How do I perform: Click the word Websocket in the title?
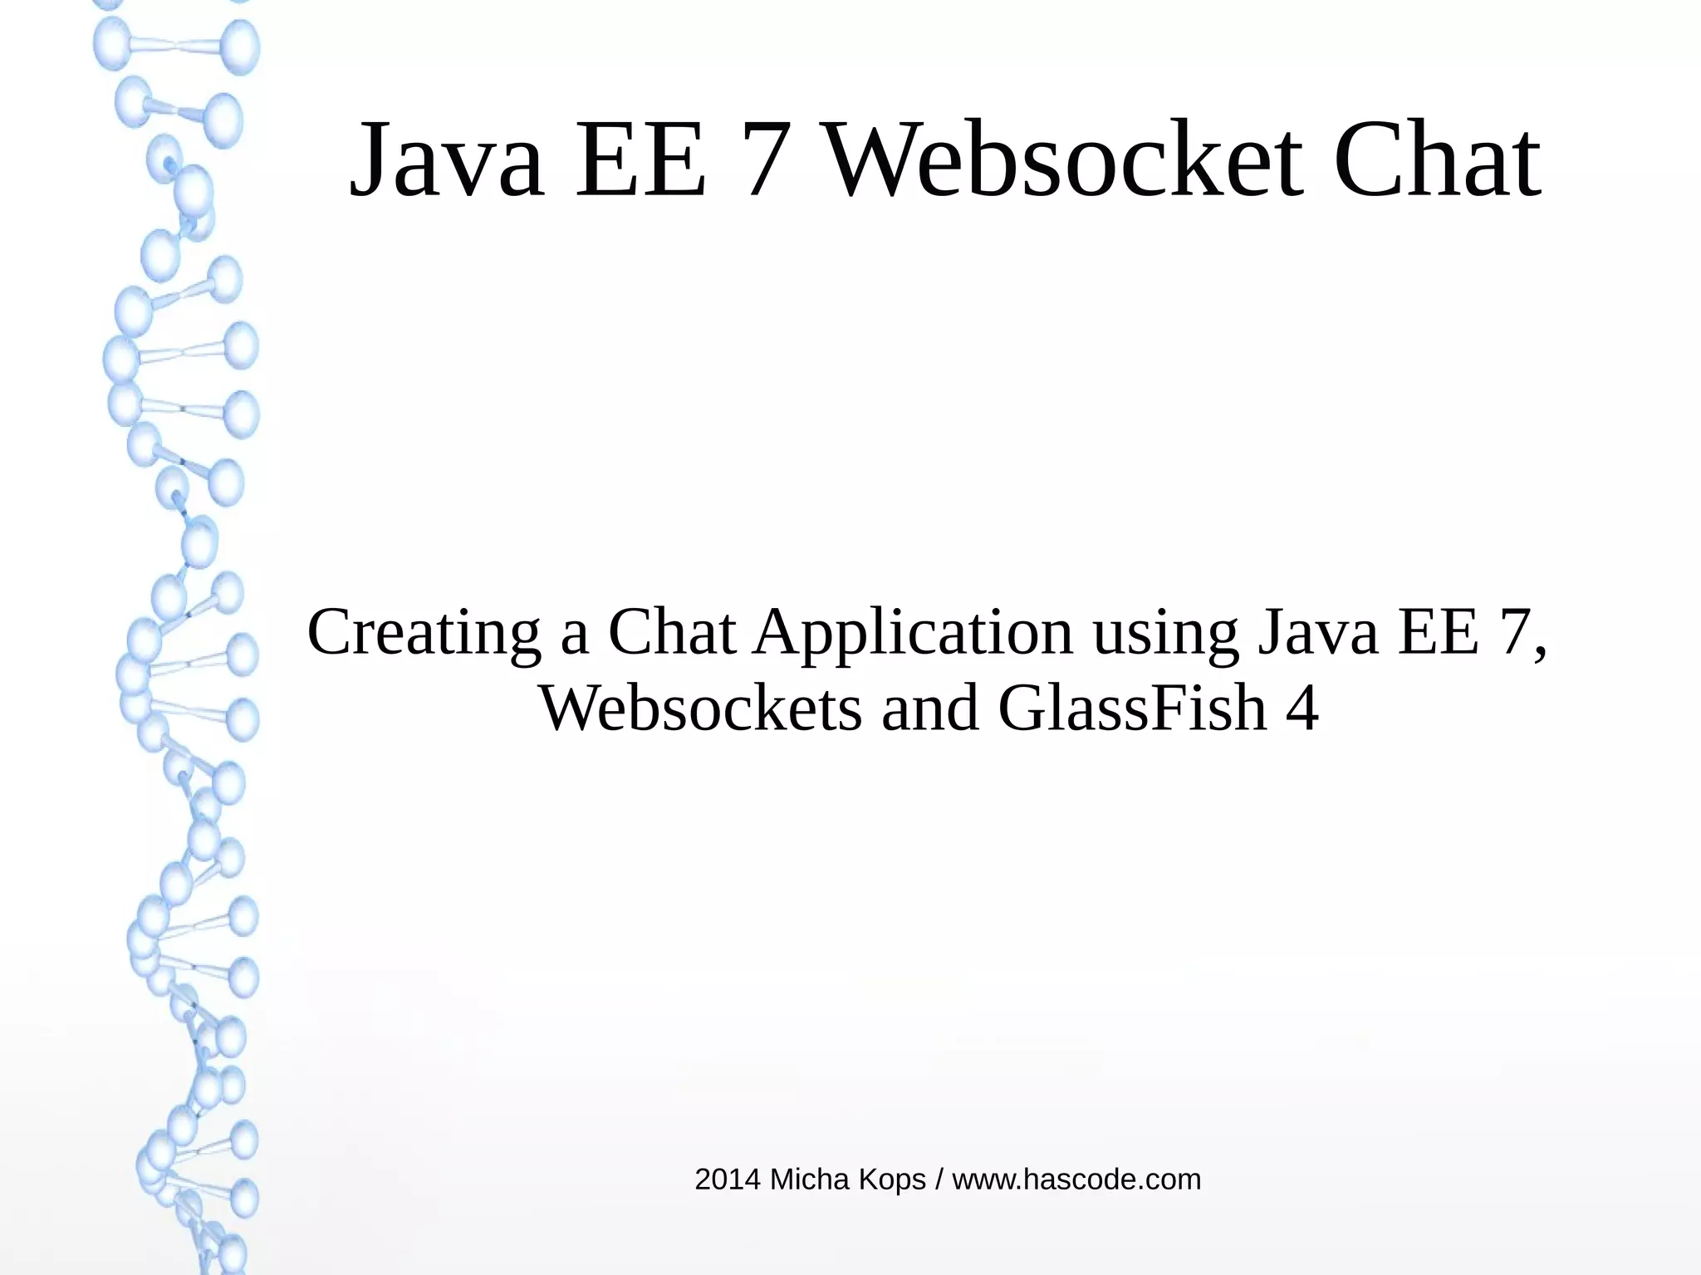(x=1064, y=159)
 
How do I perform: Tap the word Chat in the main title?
(x=1438, y=159)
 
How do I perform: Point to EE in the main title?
(x=641, y=159)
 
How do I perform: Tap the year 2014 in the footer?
(x=728, y=1179)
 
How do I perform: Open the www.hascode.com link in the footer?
(x=1076, y=1179)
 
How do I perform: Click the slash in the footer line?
(x=939, y=1179)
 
